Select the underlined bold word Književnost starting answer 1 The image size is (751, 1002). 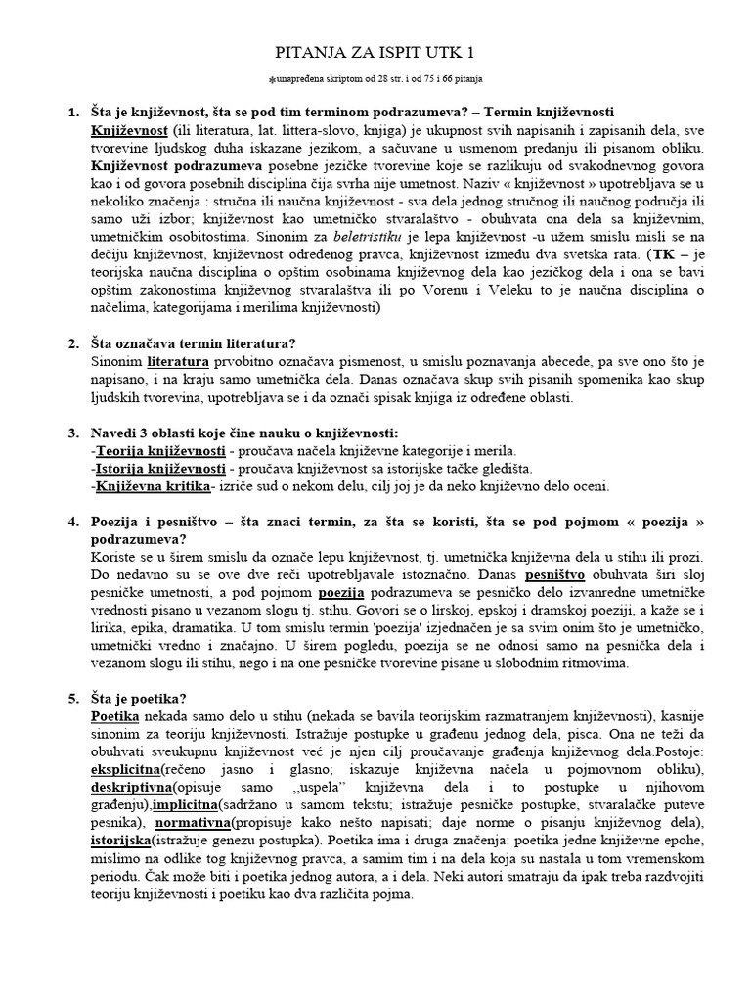(x=129, y=129)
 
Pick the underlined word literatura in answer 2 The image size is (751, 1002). (x=179, y=362)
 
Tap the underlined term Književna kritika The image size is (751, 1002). (x=153, y=486)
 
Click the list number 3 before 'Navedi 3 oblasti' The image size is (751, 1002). (x=73, y=433)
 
